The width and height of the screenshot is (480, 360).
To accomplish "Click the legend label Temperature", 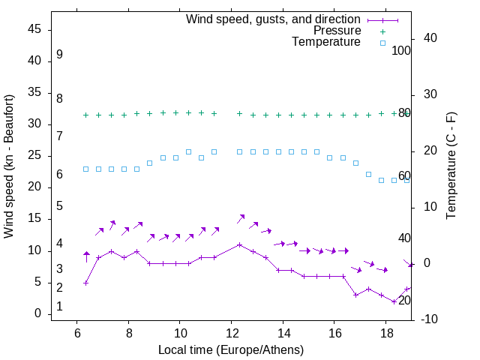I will pos(326,42).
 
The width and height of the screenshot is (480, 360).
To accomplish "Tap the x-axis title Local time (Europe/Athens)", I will pos(231,349).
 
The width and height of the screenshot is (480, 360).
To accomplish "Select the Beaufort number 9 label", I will pos(59,55).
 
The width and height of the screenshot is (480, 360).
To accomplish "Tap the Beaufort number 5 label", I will pos(59,205).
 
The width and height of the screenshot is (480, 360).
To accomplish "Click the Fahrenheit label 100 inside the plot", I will pos(401,50).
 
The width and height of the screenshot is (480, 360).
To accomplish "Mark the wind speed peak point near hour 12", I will pos(239,244).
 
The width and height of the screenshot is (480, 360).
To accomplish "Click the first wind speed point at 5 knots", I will pos(86,283).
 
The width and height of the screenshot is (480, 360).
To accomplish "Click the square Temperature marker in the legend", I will pos(382,43).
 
